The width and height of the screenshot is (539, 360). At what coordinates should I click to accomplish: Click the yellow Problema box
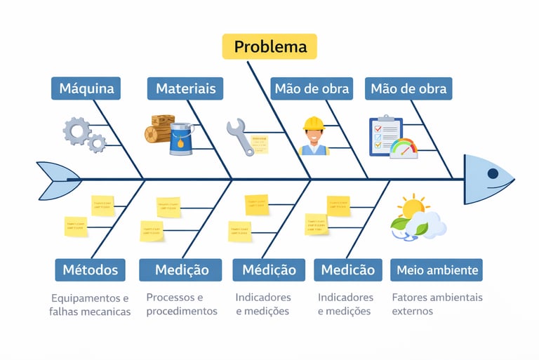[270, 47]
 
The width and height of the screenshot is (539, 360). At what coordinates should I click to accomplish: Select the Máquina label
[86, 89]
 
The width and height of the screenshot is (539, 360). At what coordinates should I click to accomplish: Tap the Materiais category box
[185, 89]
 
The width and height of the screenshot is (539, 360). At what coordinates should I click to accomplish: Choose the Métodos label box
[90, 269]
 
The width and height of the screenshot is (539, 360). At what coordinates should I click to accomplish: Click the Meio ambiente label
[437, 269]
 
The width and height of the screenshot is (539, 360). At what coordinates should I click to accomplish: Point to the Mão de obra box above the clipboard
[408, 89]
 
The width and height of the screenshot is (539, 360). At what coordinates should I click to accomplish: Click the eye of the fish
[493, 173]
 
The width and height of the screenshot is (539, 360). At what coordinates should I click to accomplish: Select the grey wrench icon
[239, 136]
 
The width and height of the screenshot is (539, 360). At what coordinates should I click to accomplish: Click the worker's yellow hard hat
[313, 124]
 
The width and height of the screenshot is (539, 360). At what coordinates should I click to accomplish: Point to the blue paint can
[181, 138]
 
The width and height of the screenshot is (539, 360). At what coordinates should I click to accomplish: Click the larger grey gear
[76, 130]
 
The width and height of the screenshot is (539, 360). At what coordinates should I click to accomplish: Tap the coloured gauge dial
[404, 148]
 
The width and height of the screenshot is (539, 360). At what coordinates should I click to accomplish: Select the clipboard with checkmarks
[385, 135]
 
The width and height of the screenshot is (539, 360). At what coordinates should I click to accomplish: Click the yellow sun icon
[412, 207]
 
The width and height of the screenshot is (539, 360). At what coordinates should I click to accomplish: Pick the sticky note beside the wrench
[260, 144]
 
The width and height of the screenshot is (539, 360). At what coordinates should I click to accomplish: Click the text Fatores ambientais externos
[437, 304]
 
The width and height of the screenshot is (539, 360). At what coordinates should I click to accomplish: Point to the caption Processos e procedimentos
[182, 304]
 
